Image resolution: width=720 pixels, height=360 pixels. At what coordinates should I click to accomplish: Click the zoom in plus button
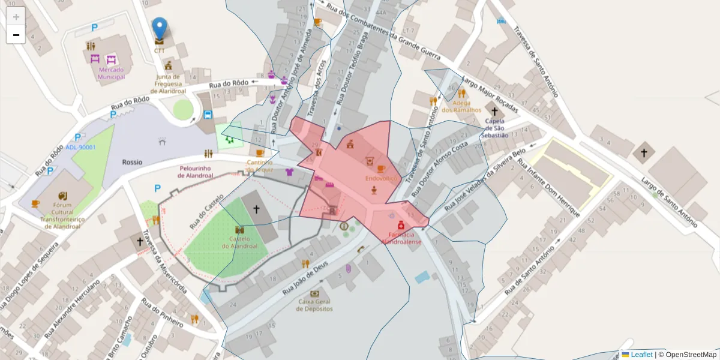click(16, 17)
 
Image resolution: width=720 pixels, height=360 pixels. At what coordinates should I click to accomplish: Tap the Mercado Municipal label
click(111, 73)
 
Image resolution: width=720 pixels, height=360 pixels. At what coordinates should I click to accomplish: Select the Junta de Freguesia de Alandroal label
click(168, 84)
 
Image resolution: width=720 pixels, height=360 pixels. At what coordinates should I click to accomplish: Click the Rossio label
click(132, 162)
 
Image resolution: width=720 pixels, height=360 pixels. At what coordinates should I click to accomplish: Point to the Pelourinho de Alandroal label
click(196, 172)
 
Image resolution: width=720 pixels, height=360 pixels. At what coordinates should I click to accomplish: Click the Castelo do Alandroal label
click(239, 242)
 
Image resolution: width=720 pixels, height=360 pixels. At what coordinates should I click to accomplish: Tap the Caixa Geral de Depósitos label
click(314, 305)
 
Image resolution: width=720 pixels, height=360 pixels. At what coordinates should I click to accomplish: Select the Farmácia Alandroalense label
click(401, 238)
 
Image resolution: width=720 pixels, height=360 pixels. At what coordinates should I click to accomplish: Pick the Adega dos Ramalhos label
click(461, 106)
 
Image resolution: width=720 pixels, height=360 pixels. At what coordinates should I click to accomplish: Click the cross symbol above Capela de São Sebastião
click(494, 112)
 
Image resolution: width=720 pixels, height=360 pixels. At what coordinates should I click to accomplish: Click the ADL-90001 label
click(81, 147)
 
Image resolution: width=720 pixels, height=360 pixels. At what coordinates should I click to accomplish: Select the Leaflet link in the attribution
click(641, 355)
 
